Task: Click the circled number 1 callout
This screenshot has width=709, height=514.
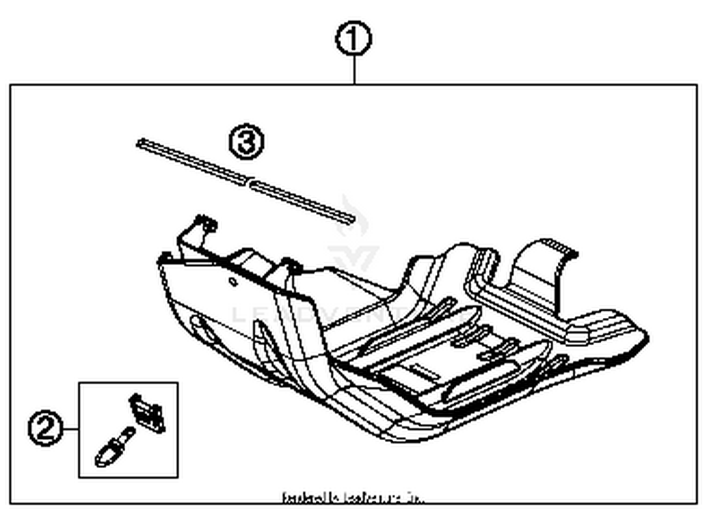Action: (x=354, y=39)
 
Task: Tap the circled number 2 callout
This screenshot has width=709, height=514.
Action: (x=45, y=428)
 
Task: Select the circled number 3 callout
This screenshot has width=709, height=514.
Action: (x=246, y=142)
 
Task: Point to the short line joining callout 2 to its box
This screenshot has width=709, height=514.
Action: (x=70, y=429)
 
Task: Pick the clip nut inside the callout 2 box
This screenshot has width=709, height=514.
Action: (x=147, y=413)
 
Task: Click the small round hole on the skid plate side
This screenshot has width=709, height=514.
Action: (x=233, y=281)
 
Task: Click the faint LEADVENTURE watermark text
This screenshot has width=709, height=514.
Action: (x=350, y=314)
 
